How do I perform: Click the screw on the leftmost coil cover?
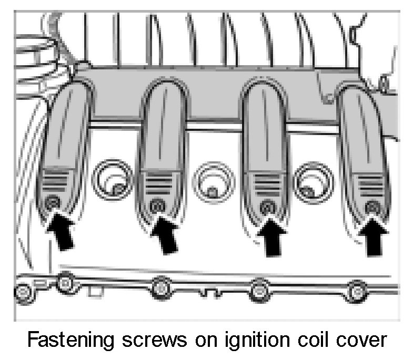[51, 203]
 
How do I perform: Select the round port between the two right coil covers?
[313, 181]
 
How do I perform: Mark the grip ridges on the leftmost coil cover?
[56, 182]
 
